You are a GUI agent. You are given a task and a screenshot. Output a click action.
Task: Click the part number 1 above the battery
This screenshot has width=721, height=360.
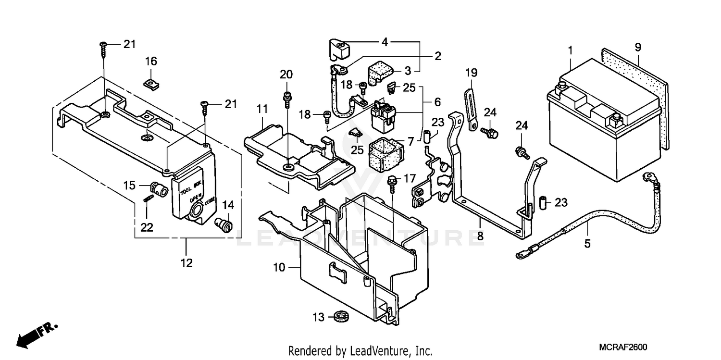[x=571, y=50]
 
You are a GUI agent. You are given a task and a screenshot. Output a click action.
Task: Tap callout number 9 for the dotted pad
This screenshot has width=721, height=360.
[x=638, y=47]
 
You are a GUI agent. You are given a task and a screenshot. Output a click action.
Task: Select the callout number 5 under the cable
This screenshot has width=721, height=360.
[x=587, y=244]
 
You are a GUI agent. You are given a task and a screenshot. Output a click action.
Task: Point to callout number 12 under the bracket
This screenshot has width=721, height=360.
[x=186, y=263]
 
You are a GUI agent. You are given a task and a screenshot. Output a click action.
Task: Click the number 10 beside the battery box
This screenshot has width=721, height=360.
[x=279, y=267]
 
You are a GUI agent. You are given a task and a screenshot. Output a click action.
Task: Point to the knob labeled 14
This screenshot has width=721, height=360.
[x=224, y=223]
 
